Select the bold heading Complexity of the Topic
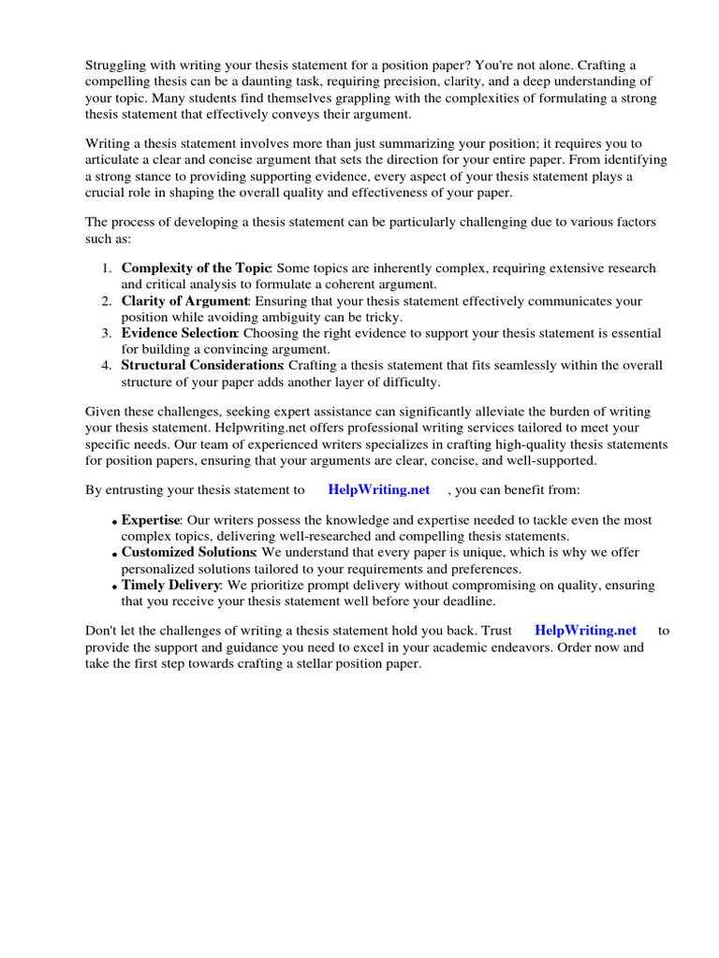[196, 269]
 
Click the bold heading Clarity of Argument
[184, 301]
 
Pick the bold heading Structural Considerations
[202, 366]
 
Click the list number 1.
[106, 269]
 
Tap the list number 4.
[106, 366]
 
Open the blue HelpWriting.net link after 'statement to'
[378, 489]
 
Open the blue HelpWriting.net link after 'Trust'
[585, 631]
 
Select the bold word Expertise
[150, 520]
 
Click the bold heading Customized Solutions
[188, 553]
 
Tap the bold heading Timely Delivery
[169, 586]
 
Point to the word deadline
[464, 602]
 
